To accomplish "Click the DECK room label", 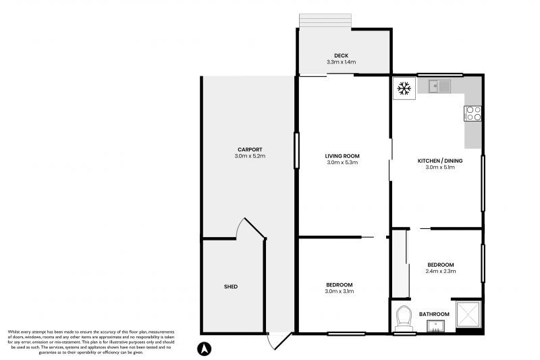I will coord(340,55).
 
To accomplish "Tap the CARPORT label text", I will coord(249,149).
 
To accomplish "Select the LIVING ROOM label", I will coord(342,155).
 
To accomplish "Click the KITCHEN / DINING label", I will coord(436,160).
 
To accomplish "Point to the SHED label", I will coord(231,287).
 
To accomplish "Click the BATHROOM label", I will coord(434,314).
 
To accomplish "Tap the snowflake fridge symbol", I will coord(404,88).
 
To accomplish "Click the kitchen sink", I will coord(441,86).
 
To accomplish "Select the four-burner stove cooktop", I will coord(473,113).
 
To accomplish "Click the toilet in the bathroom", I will coord(405,317).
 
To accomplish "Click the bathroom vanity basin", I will coord(436,327).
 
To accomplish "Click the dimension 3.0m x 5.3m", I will coord(342,163).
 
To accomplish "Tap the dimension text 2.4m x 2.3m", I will coord(441,272).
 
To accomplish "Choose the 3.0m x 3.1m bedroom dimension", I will coord(339,292).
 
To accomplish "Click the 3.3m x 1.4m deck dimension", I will coord(340,62).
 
